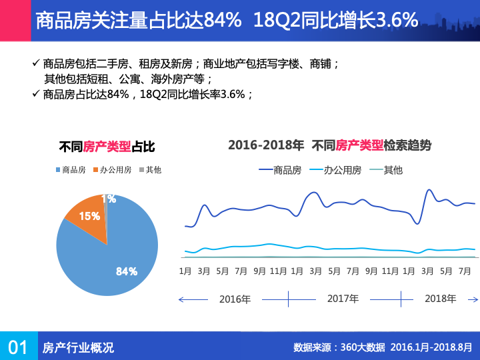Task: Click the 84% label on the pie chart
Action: coord(126,271)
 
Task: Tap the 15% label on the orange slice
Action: coord(89,216)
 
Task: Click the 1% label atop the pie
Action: coord(109,199)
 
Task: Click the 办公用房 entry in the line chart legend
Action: coord(337,170)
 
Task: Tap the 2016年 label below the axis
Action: coord(235,299)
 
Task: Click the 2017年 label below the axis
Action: coord(343,299)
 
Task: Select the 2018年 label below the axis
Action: coord(441,298)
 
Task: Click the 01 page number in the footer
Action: coord(18,347)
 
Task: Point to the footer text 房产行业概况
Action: coord(78,347)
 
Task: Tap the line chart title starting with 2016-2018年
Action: coord(329,145)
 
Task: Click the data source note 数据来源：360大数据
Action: coord(339,347)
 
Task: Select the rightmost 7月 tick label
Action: coord(465,271)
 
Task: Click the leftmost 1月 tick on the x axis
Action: coord(185,271)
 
